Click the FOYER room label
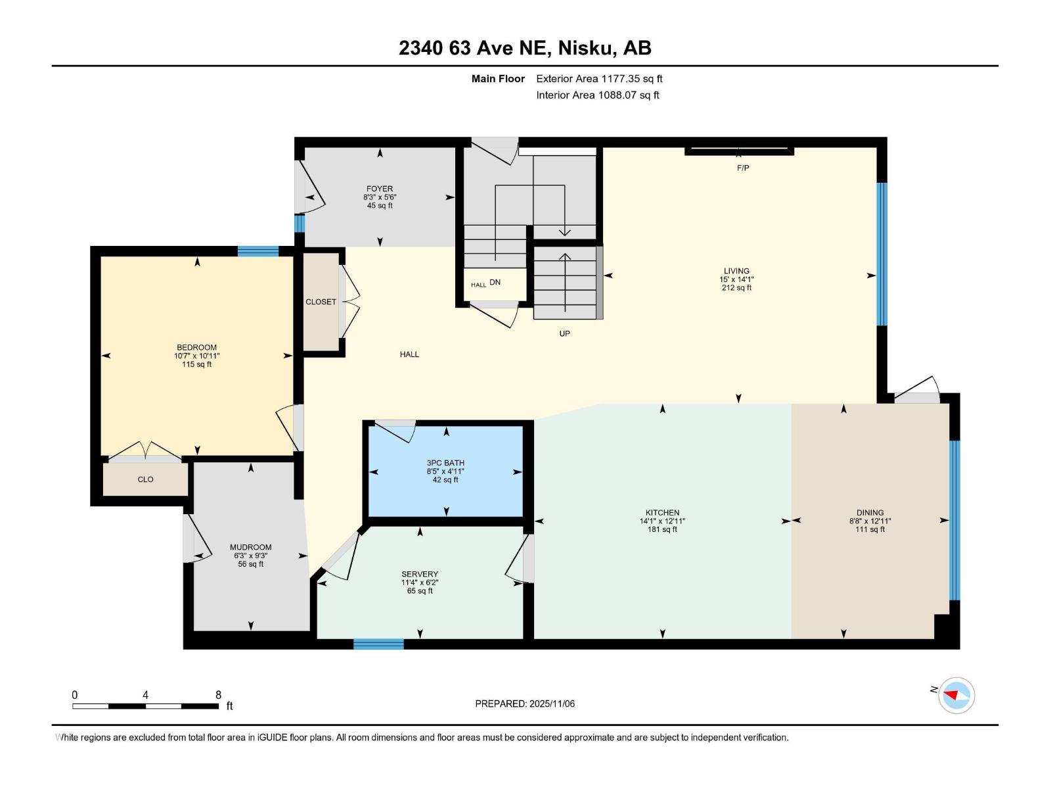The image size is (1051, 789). (380, 189)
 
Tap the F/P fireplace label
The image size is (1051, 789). (743, 168)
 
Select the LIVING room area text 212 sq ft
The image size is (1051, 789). (736, 288)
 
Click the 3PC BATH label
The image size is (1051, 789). (445, 463)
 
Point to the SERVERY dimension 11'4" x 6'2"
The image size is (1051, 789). (420, 583)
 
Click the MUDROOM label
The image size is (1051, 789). (250, 547)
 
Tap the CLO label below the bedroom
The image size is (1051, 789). (145, 479)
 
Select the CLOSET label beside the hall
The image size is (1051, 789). (321, 302)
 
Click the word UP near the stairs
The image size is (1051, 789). (564, 333)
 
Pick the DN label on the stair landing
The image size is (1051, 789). (495, 283)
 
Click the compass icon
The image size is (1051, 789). (956, 695)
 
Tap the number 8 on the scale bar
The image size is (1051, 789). (218, 695)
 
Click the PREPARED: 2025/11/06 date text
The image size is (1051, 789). (525, 704)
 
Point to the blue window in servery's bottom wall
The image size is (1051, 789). (378, 644)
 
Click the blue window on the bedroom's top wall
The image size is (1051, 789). (257, 251)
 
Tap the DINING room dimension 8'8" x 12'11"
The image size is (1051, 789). (870, 521)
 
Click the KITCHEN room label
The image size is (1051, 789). (662, 513)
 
